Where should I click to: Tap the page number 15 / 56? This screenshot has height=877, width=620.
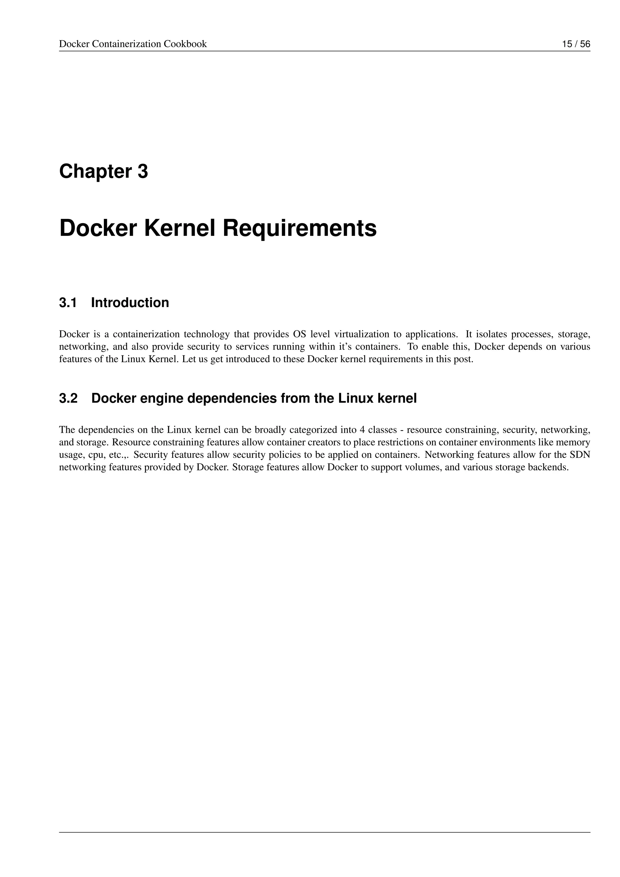pyautogui.click(x=576, y=44)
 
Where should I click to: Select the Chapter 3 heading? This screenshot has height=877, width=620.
pyautogui.click(x=104, y=171)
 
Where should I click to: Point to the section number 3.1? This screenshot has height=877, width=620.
pyautogui.click(x=68, y=303)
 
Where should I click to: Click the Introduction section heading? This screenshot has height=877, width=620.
pyautogui.click(x=130, y=303)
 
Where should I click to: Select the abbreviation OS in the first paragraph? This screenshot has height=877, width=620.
pyautogui.click(x=300, y=334)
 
